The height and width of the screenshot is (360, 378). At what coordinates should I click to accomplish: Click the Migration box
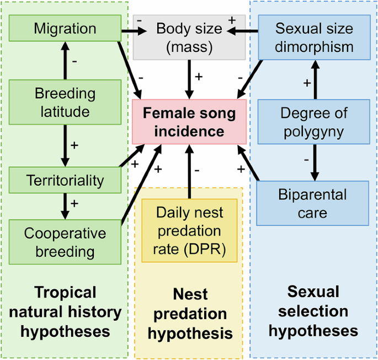(x=65, y=28)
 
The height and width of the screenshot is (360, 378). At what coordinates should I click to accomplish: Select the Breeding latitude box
(x=65, y=102)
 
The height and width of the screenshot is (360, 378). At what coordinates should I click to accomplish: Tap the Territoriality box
(x=65, y=180)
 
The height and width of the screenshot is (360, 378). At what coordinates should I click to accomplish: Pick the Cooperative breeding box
(x=65, y=242)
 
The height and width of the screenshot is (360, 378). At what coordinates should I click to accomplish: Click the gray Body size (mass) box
(x=189, y=38)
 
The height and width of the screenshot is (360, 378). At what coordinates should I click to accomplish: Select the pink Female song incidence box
(x=189, y=123)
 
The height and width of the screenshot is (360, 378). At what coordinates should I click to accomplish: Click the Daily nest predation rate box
(x=189, y=230)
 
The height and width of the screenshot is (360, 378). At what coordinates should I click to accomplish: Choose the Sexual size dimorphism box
(x=315, y=37)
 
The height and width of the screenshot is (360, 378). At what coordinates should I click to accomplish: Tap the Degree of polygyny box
(x=315, y=123)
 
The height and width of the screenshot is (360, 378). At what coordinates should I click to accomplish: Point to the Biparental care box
(x=315, y=203)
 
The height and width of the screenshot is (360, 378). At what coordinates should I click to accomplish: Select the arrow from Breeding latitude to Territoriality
(x=65, y=145)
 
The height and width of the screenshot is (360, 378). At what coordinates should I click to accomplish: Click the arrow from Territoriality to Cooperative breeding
(x=65, y=205)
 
